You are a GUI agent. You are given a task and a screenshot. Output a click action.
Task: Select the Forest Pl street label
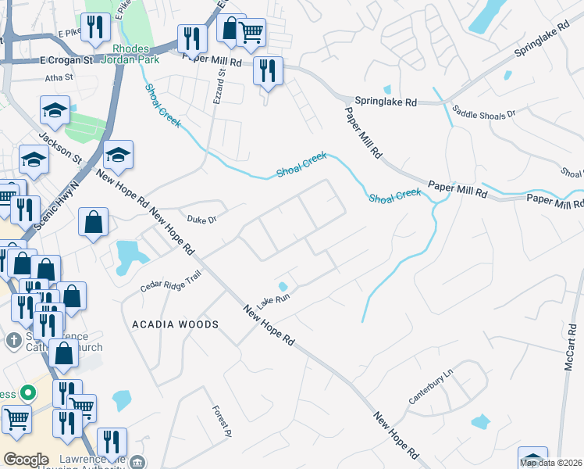click(x=220, y=420)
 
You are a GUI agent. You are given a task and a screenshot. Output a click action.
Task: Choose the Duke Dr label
click(x=201, y=220)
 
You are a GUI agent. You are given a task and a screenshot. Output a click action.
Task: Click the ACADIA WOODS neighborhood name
click(x=175, y=324)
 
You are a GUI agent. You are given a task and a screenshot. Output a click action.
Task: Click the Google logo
click(x=26, y=460)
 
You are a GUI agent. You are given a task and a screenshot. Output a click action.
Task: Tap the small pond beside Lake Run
click(x=283, y=286)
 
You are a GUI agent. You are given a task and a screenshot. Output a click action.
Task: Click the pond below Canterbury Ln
click(x=480, y=422)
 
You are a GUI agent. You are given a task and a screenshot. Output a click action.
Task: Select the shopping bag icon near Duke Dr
click(x=93, y=221)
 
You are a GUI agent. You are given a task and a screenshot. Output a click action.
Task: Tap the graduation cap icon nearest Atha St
click(x=55, y=111)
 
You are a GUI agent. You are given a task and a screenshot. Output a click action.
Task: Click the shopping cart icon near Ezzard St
click(x=250, y=32)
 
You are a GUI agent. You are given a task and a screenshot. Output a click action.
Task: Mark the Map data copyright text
click(x=551, y=463)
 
